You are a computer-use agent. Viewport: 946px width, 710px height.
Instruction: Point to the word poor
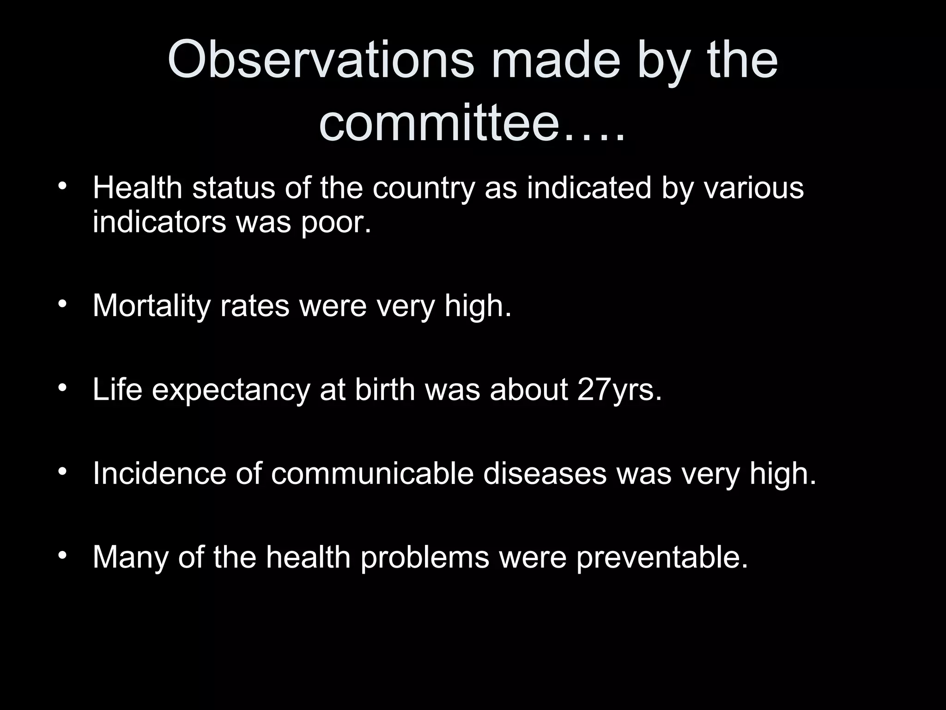click(336, 222)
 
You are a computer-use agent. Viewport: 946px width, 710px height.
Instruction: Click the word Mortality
click(152, 306)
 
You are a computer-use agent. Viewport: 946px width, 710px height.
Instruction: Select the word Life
click(117, 389)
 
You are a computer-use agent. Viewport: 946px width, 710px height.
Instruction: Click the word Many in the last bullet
click(130, 557)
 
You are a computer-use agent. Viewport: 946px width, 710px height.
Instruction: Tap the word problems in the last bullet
click(424, 557)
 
